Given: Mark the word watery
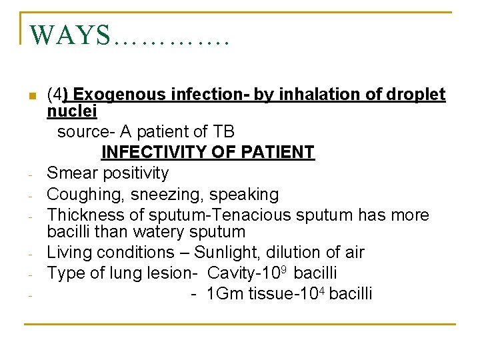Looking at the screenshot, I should pyautogui.click(x=165, y=232).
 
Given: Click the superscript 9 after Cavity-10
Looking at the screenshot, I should pyautogui.click(x=285, y=269).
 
